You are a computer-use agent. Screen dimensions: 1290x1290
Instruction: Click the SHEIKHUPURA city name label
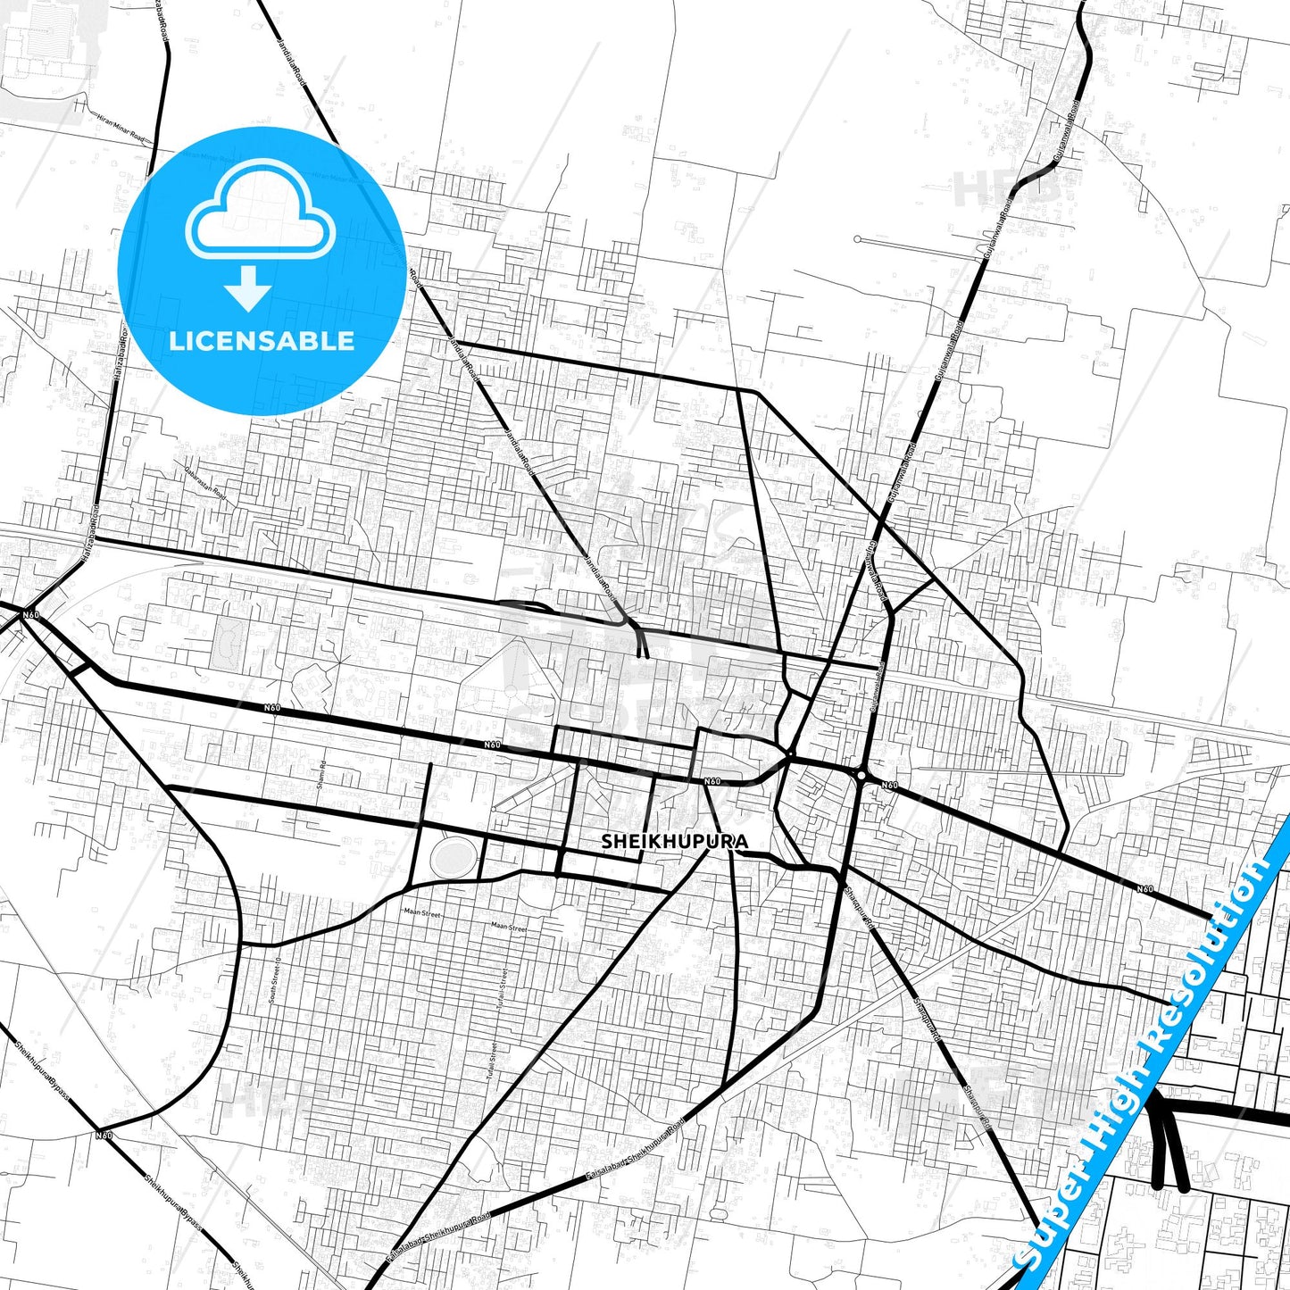pos(674,842)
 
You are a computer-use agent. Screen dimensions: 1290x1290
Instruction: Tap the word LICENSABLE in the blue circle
pos(262,341)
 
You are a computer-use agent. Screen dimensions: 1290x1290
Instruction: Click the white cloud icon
pos(260,210)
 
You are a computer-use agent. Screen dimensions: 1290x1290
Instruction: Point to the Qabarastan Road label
pos(204,481)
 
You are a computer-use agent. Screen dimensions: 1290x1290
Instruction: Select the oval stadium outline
pos(452,858)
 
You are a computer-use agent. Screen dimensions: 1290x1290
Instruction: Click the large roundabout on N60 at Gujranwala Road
pos(861,775)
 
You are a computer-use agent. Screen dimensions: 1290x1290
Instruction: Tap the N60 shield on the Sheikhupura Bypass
pos(104,1135)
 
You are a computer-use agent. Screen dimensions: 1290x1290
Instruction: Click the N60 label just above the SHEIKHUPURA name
pos(712,782)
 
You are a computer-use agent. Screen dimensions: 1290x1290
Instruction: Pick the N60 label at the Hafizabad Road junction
pos(31,615)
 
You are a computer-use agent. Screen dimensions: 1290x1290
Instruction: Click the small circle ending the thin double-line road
pos(857,239)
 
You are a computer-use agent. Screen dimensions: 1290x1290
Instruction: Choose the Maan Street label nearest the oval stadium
pos(422,912)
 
